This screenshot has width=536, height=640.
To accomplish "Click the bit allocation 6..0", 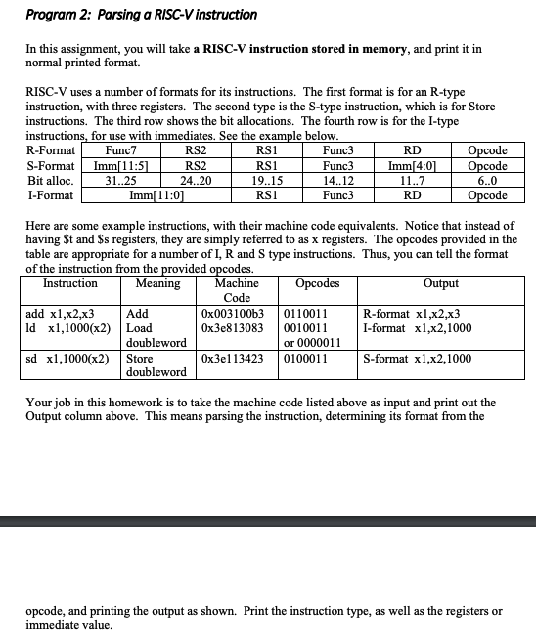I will pyautogui.click(x=488, y=180).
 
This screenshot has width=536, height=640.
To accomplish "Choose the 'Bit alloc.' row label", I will pyautogui.click(x=49, y=180).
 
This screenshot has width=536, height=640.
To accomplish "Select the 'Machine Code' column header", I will pyautogui.click(x=237, y=290).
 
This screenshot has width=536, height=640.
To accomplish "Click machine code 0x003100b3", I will pyautogui.click(x=232, y=314).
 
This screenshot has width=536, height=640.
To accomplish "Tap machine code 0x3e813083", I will pyautogui.click(x=232, y=328).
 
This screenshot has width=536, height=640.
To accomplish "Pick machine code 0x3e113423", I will pyautogui.click(x=232, y=359).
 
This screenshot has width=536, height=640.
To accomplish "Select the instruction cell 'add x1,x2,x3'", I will pyautogui.click(x=59, y=314).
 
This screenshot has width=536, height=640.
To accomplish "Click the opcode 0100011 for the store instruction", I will pyautogui.click(x=306, y=359).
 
